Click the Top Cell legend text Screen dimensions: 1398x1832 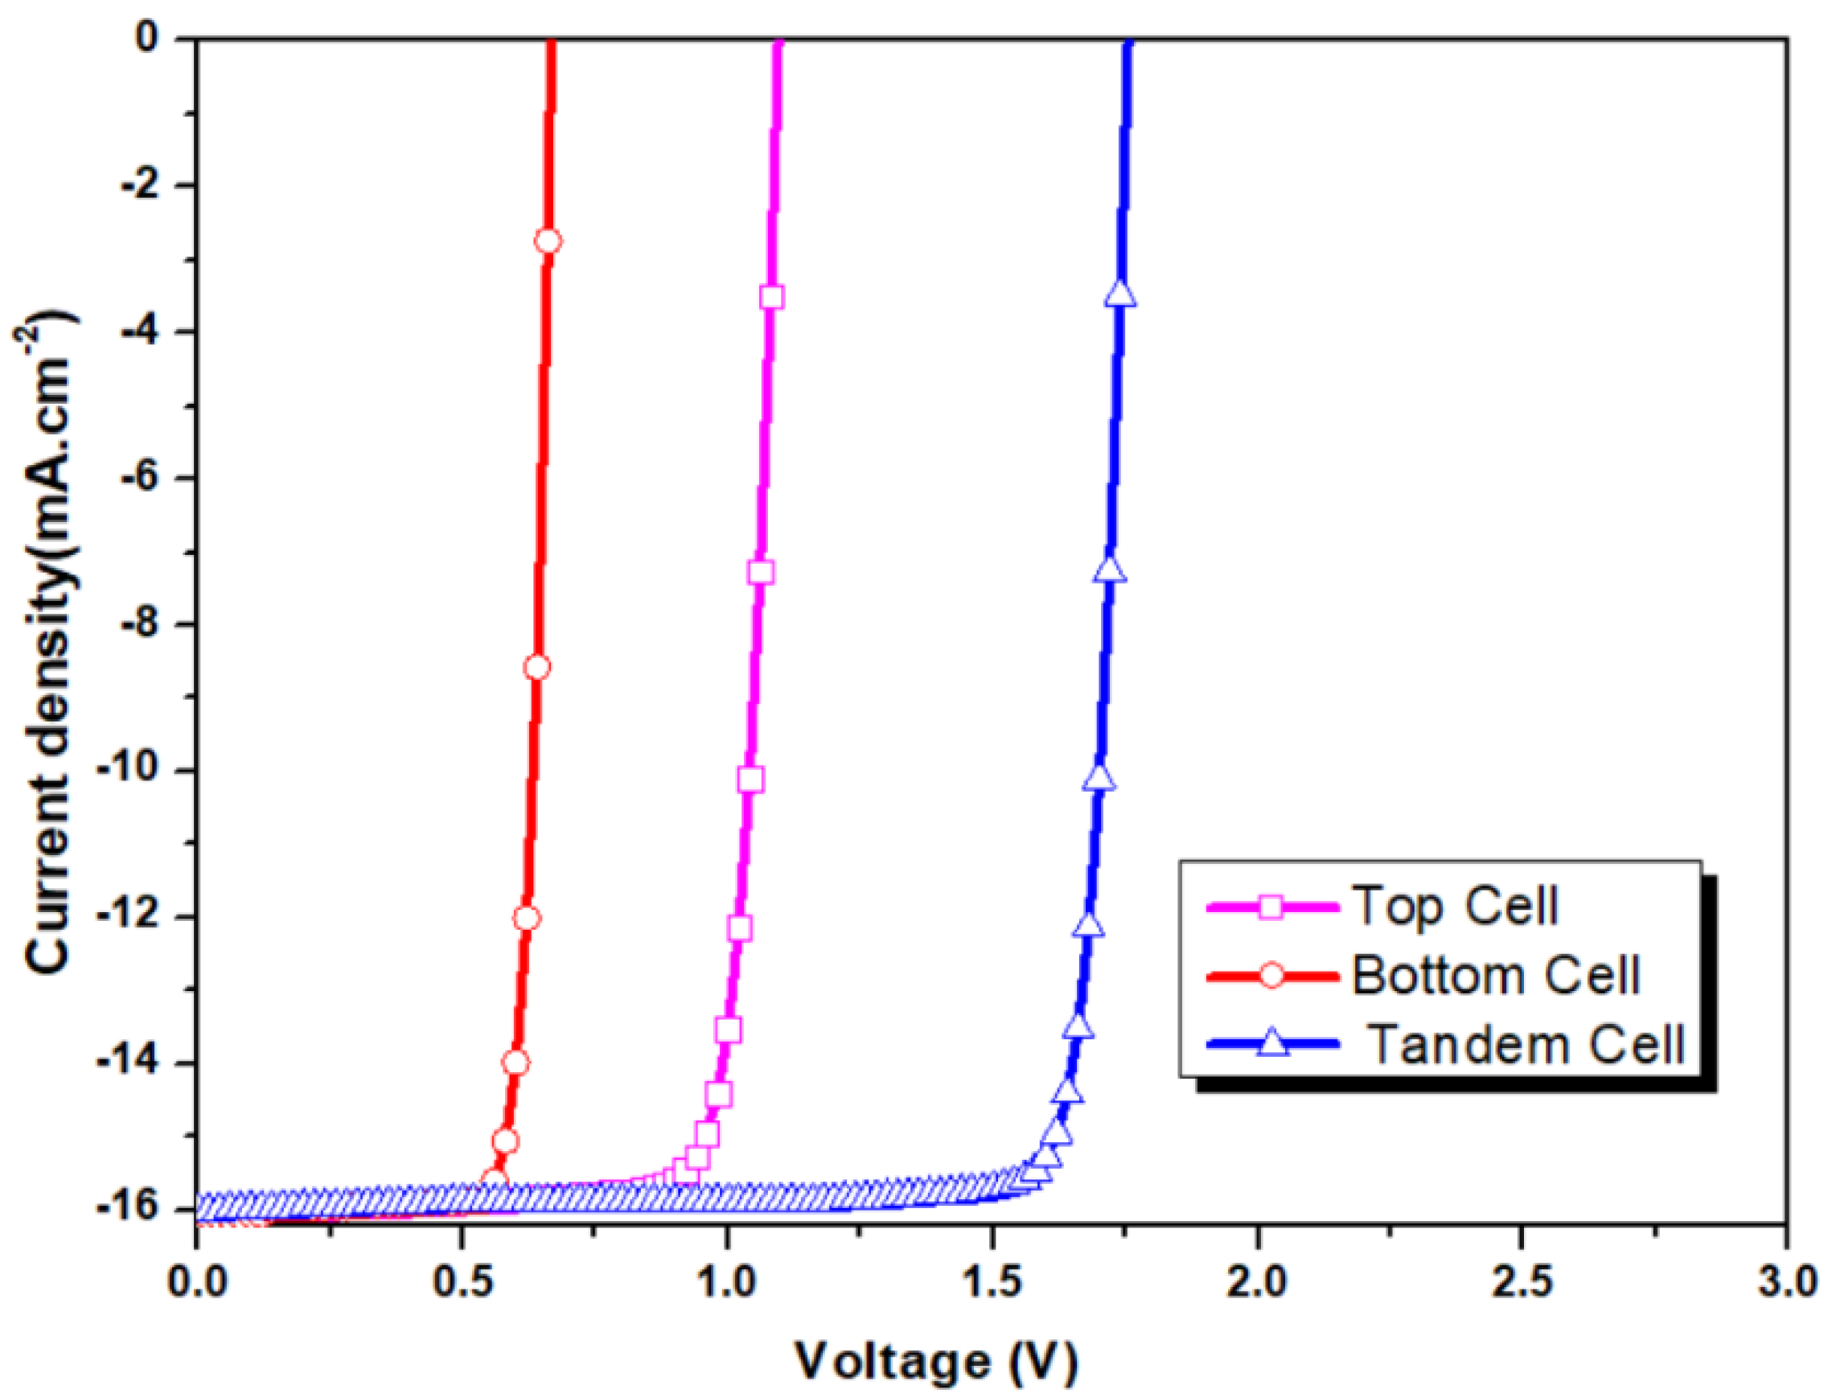pyautogui.click(x=1453, y=907)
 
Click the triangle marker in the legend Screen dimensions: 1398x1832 pyautogui.click(x=1272, y=1042)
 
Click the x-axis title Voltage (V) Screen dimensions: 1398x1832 pyautogui.click(x=936, y=1361)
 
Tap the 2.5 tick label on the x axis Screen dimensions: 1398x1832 pyautogui.click(x=1522, y=1281)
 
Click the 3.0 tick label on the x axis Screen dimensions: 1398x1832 pyautogui.click(x=1786, y=1281)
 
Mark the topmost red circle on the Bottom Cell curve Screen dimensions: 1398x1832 pyautogui.click(x=548, y=241)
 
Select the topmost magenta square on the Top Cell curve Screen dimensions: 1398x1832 pyautogui.click(x=771, y=297)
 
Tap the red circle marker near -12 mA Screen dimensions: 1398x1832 pyautogui.click(x=527, y=919)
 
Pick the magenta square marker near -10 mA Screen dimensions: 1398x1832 pyautogui.click(x=750, y=779)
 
